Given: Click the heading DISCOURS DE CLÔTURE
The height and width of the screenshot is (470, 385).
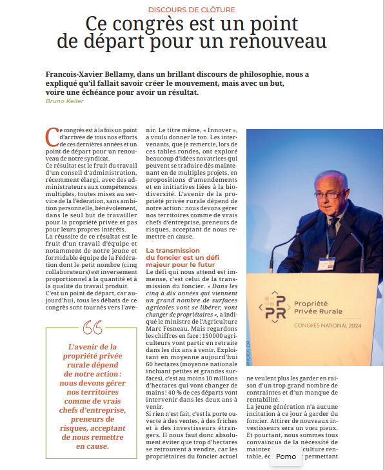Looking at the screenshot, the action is click(x=192, y=10).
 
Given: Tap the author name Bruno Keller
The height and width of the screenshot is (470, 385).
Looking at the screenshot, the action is click(x=64, y=101).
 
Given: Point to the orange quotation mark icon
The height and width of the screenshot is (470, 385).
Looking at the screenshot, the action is click(x=93, y=328).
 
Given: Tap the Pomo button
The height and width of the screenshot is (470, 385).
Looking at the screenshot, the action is click(x=286, y=456).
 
